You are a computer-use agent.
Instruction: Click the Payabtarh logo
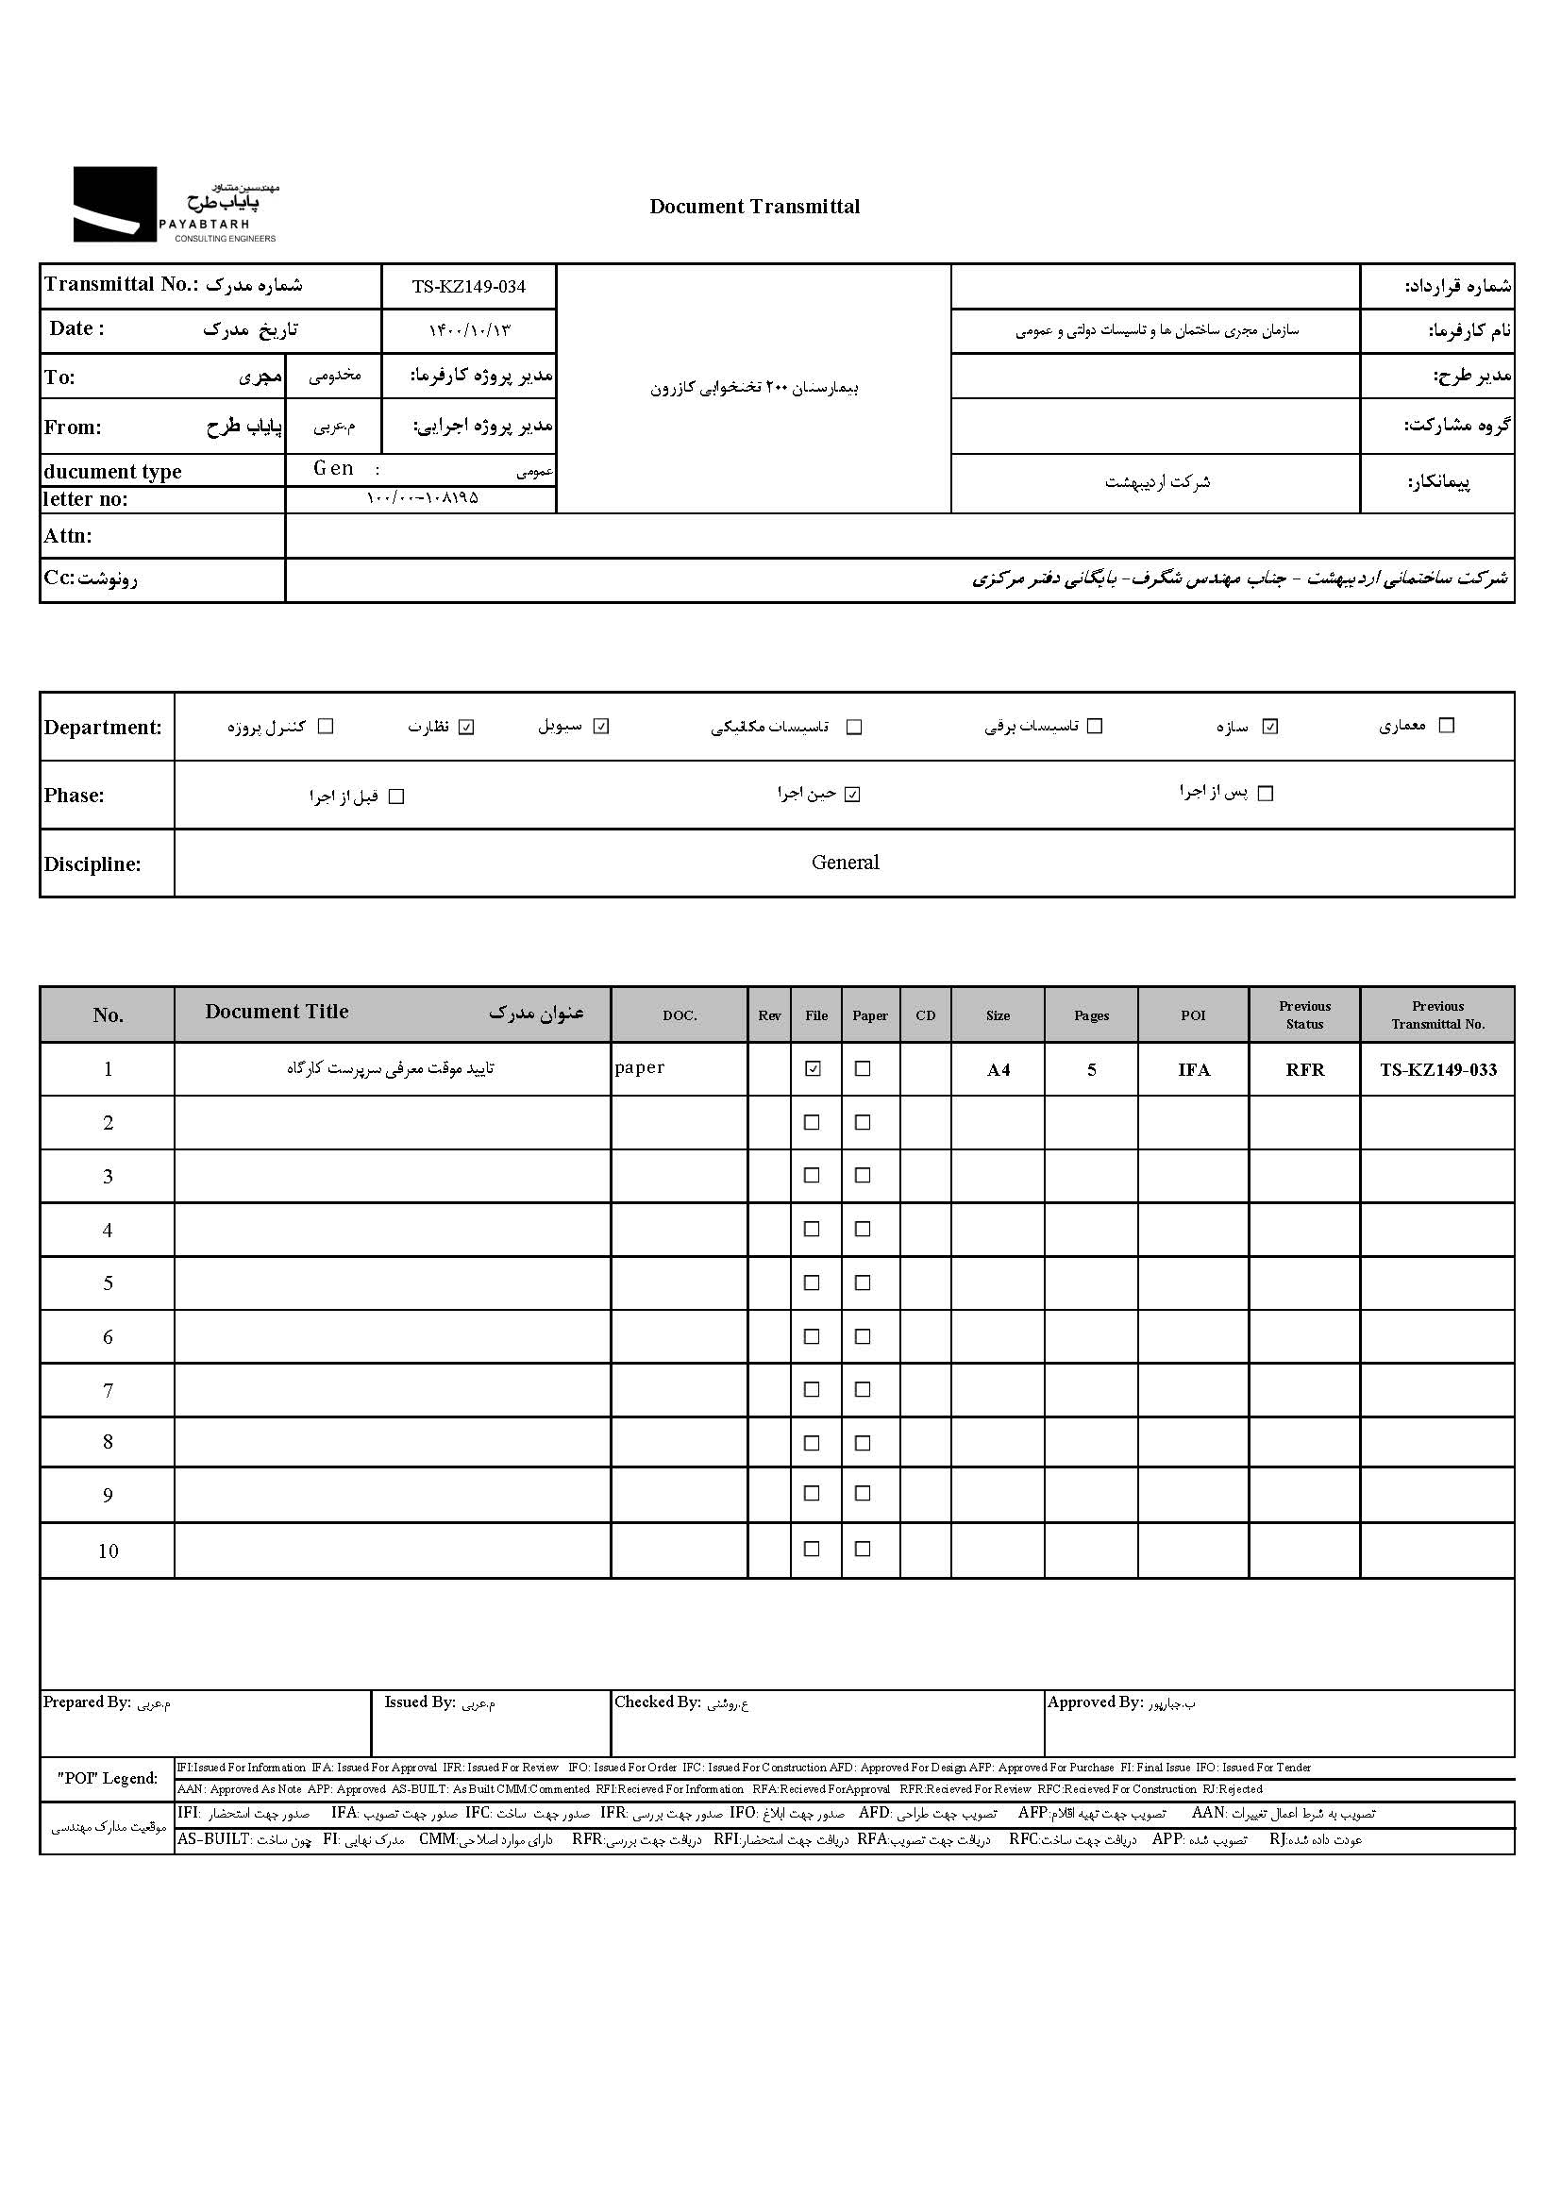(x=175, y=205)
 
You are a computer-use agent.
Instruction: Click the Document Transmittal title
(x=755, y=207)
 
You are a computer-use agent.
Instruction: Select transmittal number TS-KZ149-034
(x=469, y=286)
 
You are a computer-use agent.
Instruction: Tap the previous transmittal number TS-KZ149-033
(x=1438, y=1069)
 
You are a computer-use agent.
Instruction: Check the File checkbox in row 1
(x=814, y=1068)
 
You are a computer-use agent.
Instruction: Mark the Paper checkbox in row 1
(x=864, y=1068)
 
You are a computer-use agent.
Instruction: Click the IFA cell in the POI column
(x=1194, y=1069)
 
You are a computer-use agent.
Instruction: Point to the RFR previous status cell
(x=1304, y=1069)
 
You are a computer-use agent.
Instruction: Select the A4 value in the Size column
(x=998, y=1069)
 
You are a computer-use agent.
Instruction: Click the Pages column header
(x=1091, y=1015)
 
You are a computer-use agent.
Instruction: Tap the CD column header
(x=926, y=1015)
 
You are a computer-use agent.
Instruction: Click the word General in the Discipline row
(x=845, y=863)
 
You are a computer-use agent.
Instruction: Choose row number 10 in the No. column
(x=108, y=1551)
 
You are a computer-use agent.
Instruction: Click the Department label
(x=102, y=728)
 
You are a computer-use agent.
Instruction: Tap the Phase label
(x=74, y=796)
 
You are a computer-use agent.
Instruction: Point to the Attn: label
(x=67, y=536)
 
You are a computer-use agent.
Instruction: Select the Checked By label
(x=658, y=1702)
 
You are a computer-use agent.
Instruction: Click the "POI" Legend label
(x=107, y=1778)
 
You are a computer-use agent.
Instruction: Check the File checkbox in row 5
(x=813, y=1283)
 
